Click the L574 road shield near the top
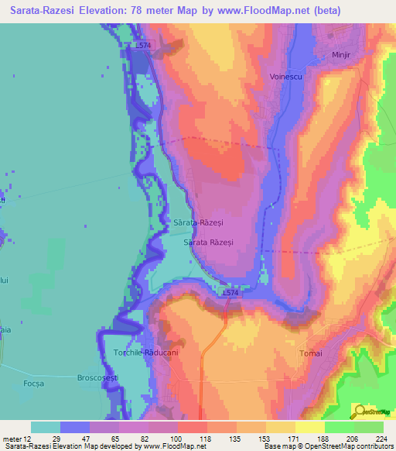pyautogui.click(x=142, y=46)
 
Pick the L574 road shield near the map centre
pyautogui.click(x=230, y=293)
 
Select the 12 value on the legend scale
pyautogui.click(x=27, y=439)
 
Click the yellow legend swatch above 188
pyautogui.click(x=309, y=427)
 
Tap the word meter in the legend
pyautogui.click(x=12, y=439)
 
